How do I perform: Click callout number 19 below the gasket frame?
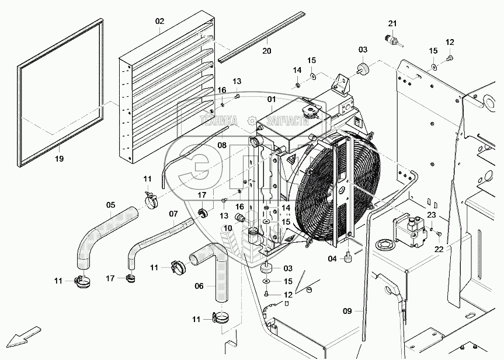pyautogui.click(x=59, y=158)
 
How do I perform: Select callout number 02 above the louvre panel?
pyautogui.click(x=160, y=22)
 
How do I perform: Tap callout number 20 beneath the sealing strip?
pyautogui.click(x=267, y=51)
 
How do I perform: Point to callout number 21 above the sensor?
pyautogui.click(x=392, y=23)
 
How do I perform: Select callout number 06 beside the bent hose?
pyautogui.click(x=222, y=145)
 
